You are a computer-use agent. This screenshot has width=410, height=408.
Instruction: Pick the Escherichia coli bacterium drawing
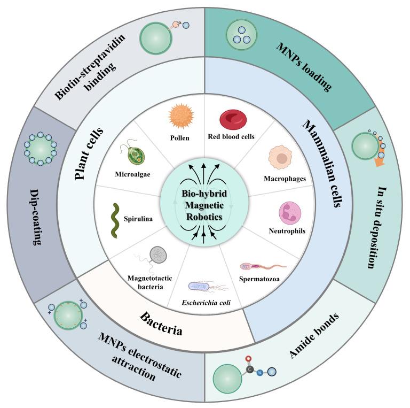pyautogui.click(x=205, y=288)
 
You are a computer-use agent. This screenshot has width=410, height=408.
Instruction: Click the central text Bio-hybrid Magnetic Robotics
pyautogui.click(x=205, y=204)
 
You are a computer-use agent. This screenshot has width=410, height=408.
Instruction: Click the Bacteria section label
pyautogui.click(x=161, y=322)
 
